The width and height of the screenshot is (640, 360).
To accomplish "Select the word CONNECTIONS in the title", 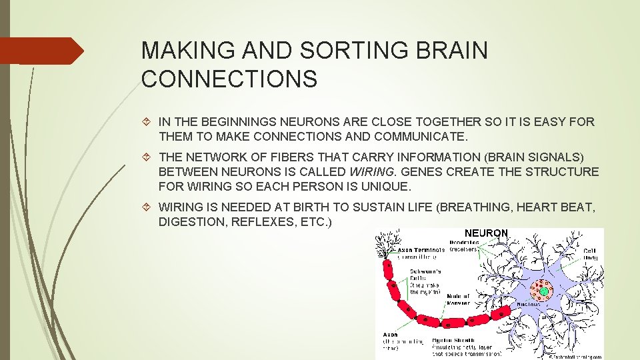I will coord(230,79).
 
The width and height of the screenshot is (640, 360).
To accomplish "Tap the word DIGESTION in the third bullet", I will coord(193,222).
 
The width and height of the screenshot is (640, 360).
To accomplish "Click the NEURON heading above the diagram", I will coord(486,233).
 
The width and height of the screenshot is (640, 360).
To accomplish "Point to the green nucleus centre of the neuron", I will coord(544,291).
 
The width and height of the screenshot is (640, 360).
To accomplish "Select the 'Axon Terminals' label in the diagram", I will coord(421,250).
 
